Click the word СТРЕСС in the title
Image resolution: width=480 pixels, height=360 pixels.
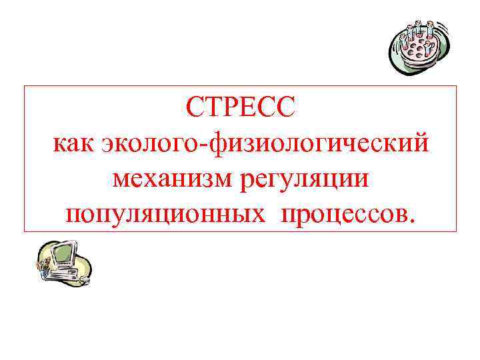(240, 106)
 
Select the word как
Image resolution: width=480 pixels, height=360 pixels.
(75, 142)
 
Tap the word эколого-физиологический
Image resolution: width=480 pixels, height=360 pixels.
(265, 143)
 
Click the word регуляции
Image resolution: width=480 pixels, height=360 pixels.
(305, 179)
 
